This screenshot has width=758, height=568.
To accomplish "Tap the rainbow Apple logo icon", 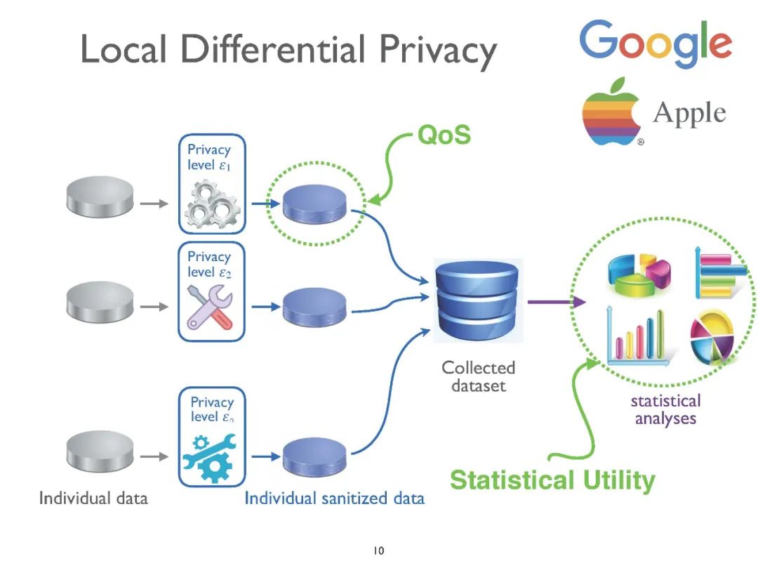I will click(611, 112).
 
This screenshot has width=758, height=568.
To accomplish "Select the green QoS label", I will click(444, 135).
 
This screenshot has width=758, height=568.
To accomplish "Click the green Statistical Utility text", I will click(552, 481).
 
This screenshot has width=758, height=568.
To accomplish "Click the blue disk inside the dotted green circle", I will click(315, 204).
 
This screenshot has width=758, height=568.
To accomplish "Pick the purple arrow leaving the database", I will click(557, 302).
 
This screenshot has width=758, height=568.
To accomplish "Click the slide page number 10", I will click(378, 551).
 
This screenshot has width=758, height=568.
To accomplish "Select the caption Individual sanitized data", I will click(334, 498).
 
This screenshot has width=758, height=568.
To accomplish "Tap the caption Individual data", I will click(93, 498).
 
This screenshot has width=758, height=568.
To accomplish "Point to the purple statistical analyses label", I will click(665, 409).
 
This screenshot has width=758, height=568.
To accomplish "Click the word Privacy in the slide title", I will click(439, 49).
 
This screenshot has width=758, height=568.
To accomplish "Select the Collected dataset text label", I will click(478, 376).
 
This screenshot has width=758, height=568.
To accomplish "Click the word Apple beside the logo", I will click(689, 113).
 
